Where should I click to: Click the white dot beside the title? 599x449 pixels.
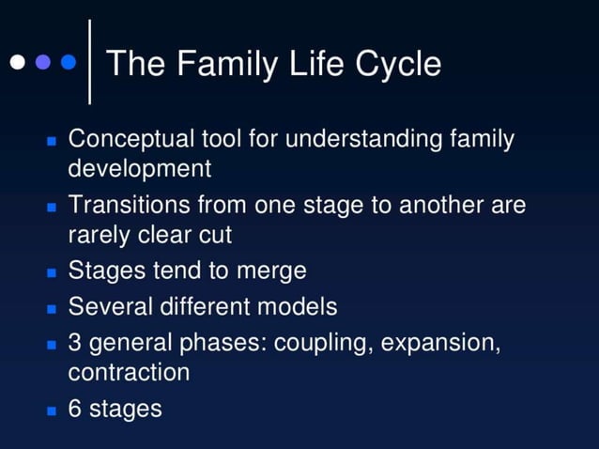(x=16, y=63)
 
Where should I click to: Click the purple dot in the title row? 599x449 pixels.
(x=42, y=63)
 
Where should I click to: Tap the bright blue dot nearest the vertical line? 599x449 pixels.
(x=68, y=63)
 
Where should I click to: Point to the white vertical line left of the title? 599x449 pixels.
(x=89, y=61)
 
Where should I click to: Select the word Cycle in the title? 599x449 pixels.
(x=398, y=64)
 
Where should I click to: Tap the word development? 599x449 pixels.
(x=140, y=170)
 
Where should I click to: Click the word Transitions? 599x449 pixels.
(x=126, y=205)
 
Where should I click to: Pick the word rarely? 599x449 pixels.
(x=100, y=235)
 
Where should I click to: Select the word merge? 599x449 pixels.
(x=271, y=271)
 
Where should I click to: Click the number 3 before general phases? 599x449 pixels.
(x=75, y=342)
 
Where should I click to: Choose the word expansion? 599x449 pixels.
(x=441, y=342)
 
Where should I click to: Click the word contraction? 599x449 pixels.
(x=129, y=372)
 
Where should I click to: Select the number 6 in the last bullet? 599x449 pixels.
(x=75, y=409)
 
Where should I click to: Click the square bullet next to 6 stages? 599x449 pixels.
(x=52, y=410)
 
